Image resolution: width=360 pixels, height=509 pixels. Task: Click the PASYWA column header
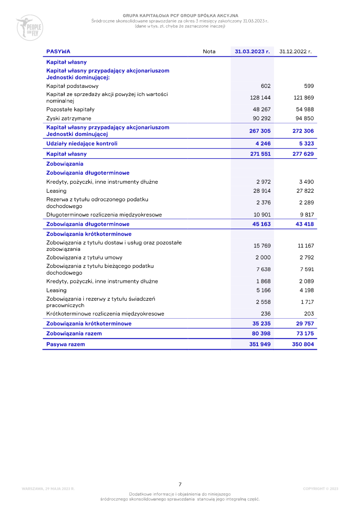[x=58, y=51]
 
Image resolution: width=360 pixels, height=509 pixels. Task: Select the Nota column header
[x=209, y=51]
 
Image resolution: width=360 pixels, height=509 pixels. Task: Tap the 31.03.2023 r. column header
[x=252, y=51]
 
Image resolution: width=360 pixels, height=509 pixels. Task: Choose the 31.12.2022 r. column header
[x=296, y=51]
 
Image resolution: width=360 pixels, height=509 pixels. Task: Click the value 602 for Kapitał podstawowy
[x=265, y=86]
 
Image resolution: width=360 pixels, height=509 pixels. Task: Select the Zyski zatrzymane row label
[x=69, y=118]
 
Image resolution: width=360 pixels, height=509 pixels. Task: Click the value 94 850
[x=305, y=118]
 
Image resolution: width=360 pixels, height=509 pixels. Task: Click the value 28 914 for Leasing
[x=262, y=191]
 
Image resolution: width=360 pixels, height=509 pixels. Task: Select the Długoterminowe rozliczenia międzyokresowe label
[x=104, y=215]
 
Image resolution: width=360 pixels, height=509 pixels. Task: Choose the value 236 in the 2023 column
[x=265, y=314]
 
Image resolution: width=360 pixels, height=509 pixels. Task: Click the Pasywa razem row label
[x=66, y=344]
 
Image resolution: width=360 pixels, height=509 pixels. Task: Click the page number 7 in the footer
[x=180, y=484]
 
